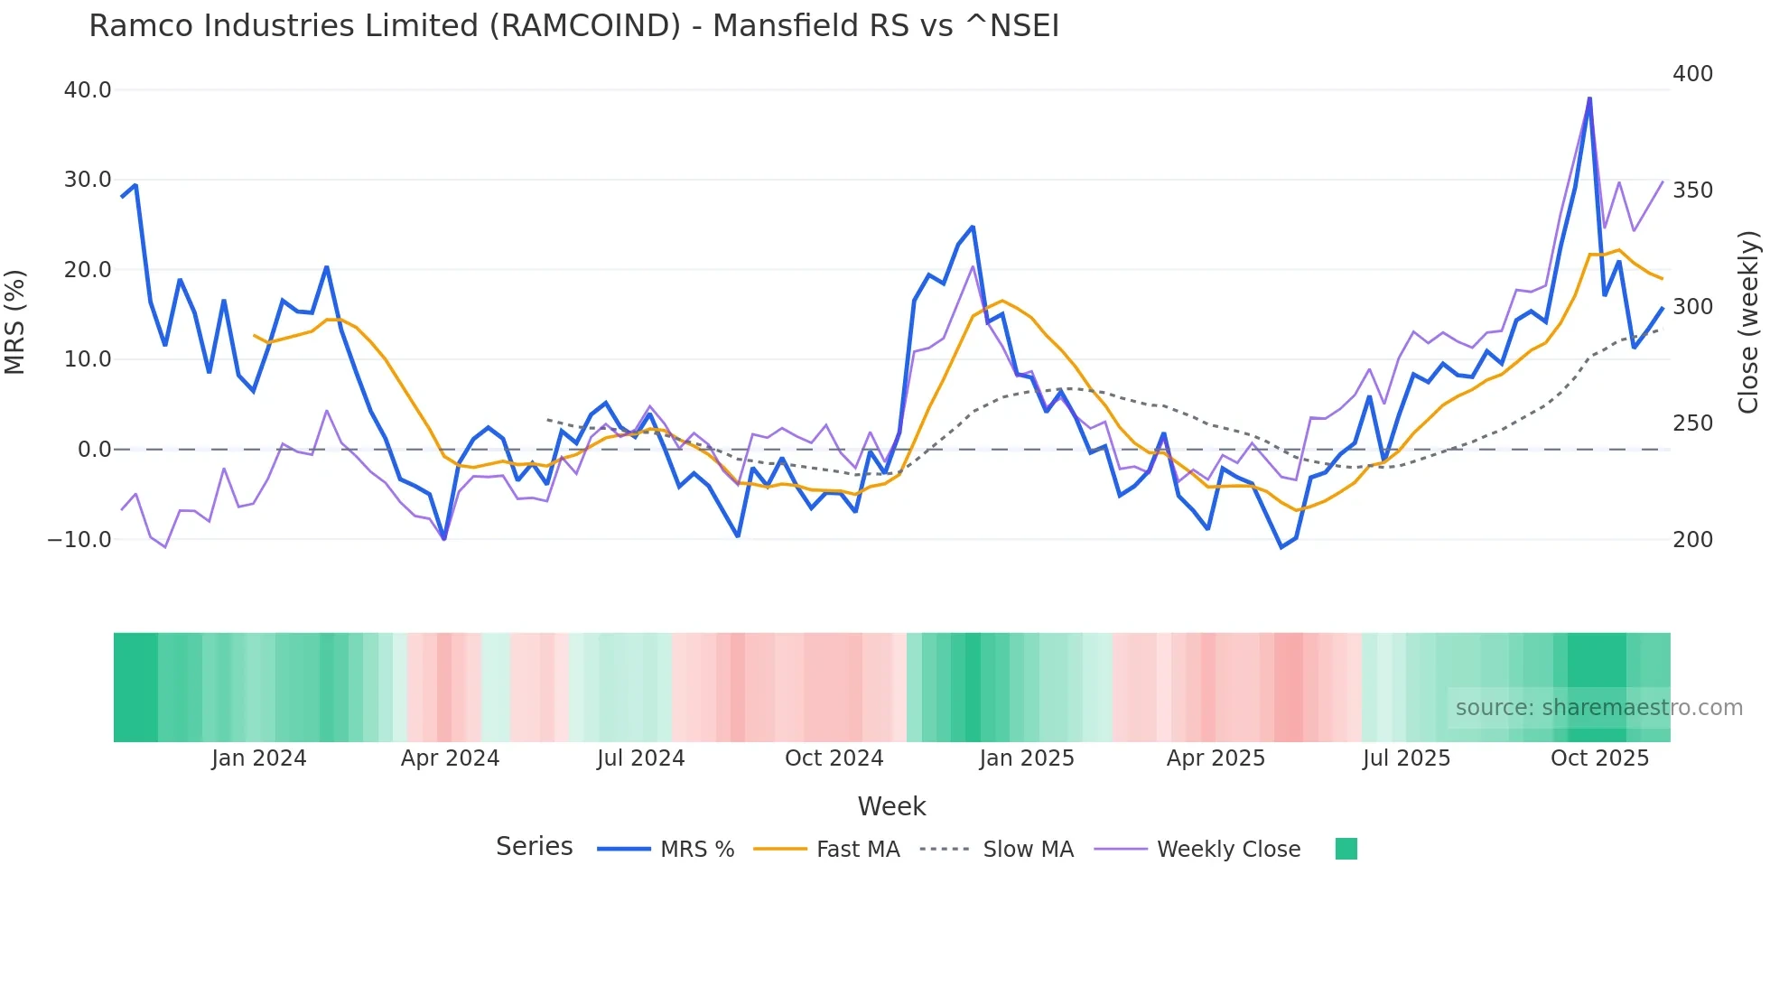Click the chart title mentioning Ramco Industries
coord(573,25)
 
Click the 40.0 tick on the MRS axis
coord(88,90)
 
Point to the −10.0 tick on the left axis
coord(79,540)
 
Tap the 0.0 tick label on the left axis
coord(94,450)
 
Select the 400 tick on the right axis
coord(1692,74)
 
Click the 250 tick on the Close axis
coord(1692,423)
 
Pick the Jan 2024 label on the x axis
coord(259,758)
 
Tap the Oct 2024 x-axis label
coord(834,758)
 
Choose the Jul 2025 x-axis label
coord(1406,758)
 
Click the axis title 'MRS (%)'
coord(15,321)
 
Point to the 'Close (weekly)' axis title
coord(1749,321)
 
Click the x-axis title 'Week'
coord(891,806)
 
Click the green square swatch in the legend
coord(1346,849)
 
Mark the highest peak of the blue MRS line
coord(1589,98)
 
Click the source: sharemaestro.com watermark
coord(1598,708)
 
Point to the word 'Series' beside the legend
coord(534,847)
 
